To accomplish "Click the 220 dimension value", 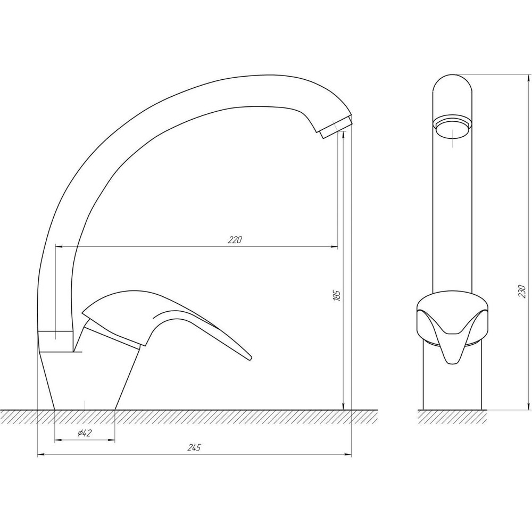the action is [235, 240].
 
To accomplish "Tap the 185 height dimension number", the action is [337, 295].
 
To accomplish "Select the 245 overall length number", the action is [194, 447].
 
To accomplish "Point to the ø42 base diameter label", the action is [85, 433].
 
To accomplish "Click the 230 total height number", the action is [522, 292].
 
